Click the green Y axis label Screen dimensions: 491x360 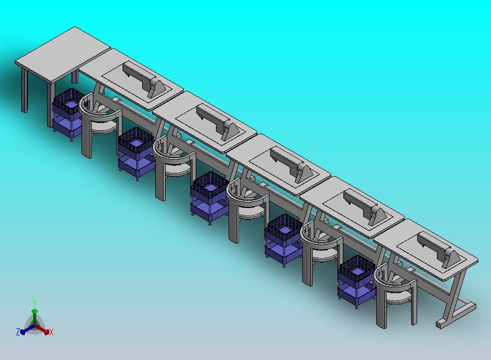(x=34, y=303)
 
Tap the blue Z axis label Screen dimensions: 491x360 (x=18, y=332)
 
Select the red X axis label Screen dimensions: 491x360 (x=51, y=333)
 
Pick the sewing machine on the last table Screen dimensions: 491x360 (x=439, y=249)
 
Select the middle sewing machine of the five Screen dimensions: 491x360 (x=292, y=165)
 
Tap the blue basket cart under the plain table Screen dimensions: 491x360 (x=68, y=114)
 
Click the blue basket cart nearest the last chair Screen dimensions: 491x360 (x=356, y=281)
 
